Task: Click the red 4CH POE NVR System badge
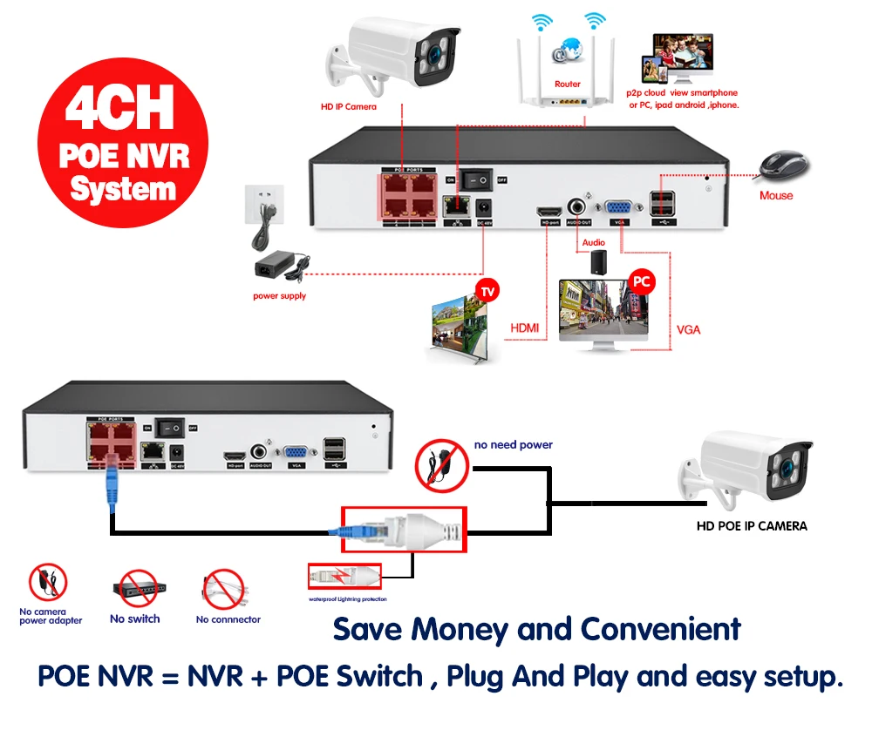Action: (123, 141)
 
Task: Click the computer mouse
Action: (783, 166)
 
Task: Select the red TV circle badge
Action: (486, 289)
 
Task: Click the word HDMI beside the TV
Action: (523, 328)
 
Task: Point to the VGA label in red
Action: (688, 330)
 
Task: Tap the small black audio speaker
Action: (596, 262)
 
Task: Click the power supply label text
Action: (279, 296)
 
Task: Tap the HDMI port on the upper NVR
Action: (549, 211)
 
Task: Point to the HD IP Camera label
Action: (348, 106)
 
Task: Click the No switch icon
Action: (134, 590)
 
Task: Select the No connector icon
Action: (226, 590)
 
